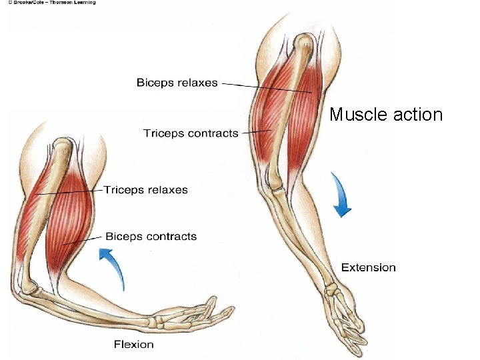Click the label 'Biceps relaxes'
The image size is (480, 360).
[177, 83]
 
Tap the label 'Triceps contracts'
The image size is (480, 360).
[191, 133]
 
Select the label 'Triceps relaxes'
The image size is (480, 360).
[145, 190]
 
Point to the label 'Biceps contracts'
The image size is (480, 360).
[151, 236]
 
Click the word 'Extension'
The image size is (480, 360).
[368, 267]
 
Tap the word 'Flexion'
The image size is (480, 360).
[133, 345]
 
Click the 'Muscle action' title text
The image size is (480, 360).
[386, 115]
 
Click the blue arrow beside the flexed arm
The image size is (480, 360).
[114, 267]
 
